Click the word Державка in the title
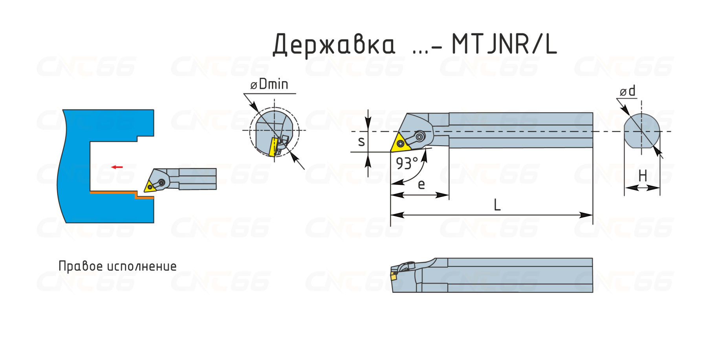coord(334,44)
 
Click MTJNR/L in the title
coord(504,44)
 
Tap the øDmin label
coord(269,84)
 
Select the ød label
coord(628,91)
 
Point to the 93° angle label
coord(407,163)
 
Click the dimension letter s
coord(361,141)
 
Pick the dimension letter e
coord(421,184)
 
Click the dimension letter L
coord(497,205)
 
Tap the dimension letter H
coord(643,176)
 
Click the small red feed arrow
coord(117,167)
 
